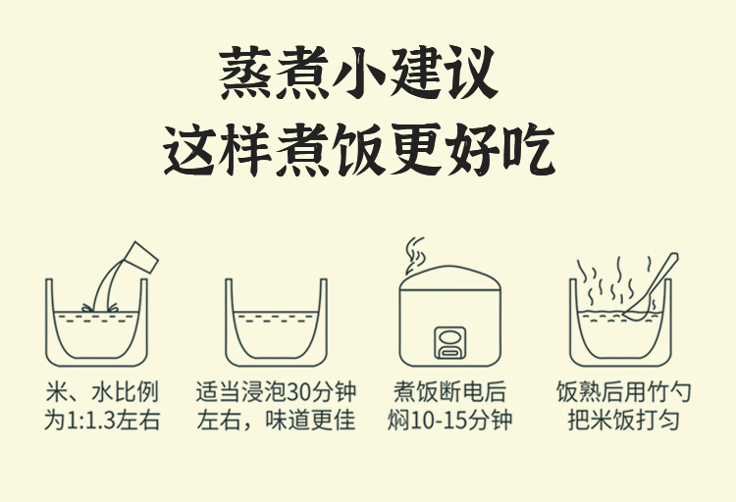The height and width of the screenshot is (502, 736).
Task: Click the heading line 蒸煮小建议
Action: point(358,73)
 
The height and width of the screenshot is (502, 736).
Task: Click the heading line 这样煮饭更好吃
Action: point(359,149)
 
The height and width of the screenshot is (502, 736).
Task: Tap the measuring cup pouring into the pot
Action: point(140,258)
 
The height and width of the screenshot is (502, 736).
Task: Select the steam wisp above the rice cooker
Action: point(415,255)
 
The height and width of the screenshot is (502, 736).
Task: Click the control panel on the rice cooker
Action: point(450,343)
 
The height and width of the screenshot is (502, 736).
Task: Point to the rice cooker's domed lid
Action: point(450,277)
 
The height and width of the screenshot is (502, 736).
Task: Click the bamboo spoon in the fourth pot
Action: point(651,286)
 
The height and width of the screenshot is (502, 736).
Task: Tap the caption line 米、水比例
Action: point(102,392)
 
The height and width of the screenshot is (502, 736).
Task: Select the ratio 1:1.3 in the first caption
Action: point(91,421)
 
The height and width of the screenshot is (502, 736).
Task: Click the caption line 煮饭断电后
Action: point(450,392)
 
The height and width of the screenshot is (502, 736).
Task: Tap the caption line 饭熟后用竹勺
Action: point(624,392)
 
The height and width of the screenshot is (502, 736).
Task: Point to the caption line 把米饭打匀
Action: point(624,420)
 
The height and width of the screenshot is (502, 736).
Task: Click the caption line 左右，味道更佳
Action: point(276,420)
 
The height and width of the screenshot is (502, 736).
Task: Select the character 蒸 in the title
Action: point(245,73)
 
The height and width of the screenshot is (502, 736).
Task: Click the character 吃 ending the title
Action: point(530,149)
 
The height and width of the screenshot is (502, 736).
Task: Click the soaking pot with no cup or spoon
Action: point(276,323)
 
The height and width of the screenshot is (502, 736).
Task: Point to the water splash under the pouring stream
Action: point(99,307)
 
